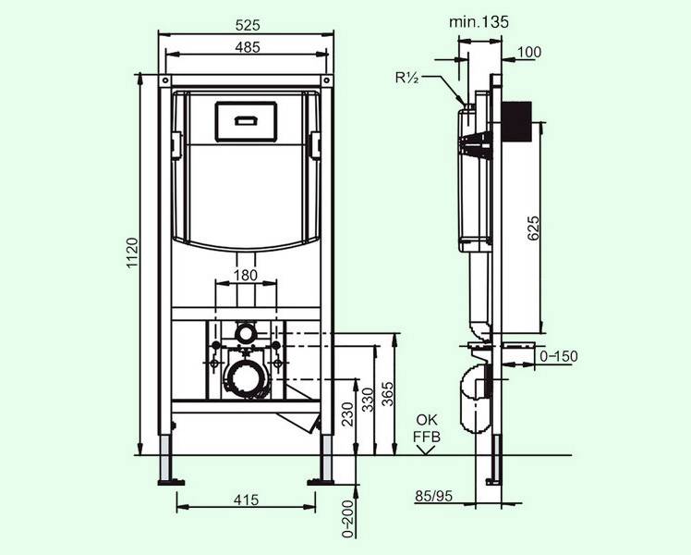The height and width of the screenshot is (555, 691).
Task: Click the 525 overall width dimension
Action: (x=248, y=25)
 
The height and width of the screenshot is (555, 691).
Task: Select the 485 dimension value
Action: (x=248, y=47)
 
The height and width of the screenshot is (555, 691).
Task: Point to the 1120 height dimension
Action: (x=133, y=253)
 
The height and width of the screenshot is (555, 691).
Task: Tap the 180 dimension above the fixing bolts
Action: (x=245, y=276)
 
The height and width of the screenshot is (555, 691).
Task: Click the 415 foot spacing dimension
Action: (x=246, y=499)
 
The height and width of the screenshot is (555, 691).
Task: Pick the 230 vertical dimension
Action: (x=347, y=413)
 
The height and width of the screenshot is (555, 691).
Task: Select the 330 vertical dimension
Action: (x=368, y=400)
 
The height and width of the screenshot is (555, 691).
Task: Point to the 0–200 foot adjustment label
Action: (x=348, y=519)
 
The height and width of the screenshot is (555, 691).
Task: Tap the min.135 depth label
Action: (x=479, y=21)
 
